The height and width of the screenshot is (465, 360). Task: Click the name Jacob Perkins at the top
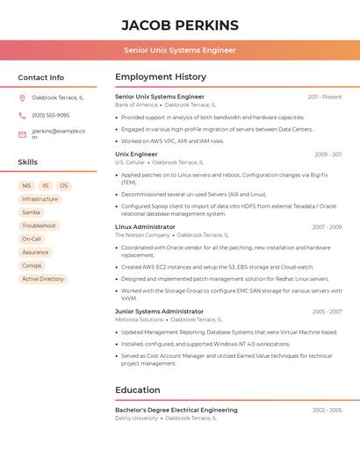[x=180, y=25]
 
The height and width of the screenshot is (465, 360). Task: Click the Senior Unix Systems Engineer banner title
[x=180, y=50]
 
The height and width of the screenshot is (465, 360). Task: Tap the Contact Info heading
[x=41, y=77]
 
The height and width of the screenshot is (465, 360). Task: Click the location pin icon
[x=22, y=97]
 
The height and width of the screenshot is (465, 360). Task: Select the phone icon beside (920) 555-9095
[x=22, y=116]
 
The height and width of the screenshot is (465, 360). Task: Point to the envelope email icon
[x=22, y=134]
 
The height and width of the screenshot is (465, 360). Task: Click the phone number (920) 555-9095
[x=51, y=116]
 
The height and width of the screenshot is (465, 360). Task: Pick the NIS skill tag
[x=26, y=186]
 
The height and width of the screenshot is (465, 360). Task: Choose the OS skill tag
[x=63, y=186]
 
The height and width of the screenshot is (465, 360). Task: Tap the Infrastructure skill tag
[x=40, y=199]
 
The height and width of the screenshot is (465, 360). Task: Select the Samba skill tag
[x=31, y=212]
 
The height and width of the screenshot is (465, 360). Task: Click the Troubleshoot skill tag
[x=39, y=225]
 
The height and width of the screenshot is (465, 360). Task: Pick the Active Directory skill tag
[x=43, y=279]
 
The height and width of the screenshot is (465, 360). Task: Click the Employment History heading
[x=161, y=77]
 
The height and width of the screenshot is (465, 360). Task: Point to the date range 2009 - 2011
[x=328, y=154]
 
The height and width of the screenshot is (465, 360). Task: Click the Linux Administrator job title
[x=145, y=227]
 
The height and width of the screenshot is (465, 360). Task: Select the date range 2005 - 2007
[x=327, y=311]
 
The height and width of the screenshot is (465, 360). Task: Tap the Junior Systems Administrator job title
[x=159, y=311]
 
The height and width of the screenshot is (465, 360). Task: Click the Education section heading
[x=138, y=390]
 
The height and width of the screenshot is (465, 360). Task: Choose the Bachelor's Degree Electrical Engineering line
[x=176, y=410]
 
